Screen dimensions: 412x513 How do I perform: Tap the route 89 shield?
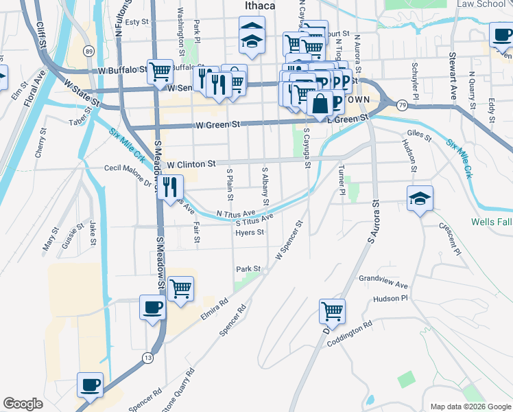[x=88, y=51]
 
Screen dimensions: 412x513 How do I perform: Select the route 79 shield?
[x=402, y=104]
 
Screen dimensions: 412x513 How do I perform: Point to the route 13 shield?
[x=147, y=357]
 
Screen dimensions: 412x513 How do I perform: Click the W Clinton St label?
[x=191, y=165]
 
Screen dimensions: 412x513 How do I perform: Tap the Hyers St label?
[x=250, y=233]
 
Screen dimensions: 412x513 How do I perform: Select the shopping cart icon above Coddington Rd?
[x=332, y=310]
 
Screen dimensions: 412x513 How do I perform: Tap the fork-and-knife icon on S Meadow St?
[x=170, y=185]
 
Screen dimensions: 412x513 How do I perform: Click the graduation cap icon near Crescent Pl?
[x=420, y=199]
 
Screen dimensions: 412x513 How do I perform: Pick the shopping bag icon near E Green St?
[x=320, y=104]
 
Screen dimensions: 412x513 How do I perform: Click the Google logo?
[x=23, y=404]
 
